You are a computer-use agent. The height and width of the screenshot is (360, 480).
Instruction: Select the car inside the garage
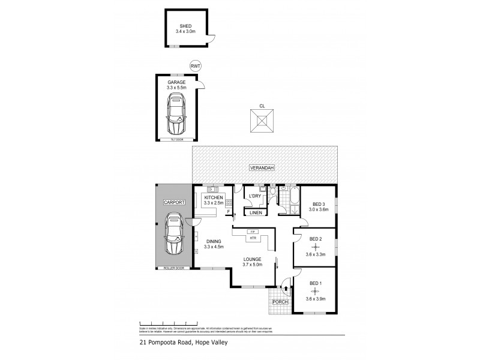click(177, 117)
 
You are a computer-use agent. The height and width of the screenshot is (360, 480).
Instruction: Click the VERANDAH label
click(263, 169)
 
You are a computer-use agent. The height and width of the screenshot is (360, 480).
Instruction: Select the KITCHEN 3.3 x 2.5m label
click(214, 201)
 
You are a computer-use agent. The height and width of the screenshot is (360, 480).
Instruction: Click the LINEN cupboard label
click(255, 213)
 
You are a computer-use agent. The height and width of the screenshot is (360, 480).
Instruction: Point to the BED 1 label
click(315, 283)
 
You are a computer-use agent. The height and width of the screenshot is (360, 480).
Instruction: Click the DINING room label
click(213, 241)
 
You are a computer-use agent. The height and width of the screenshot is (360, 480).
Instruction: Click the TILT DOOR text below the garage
click(176, 140)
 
